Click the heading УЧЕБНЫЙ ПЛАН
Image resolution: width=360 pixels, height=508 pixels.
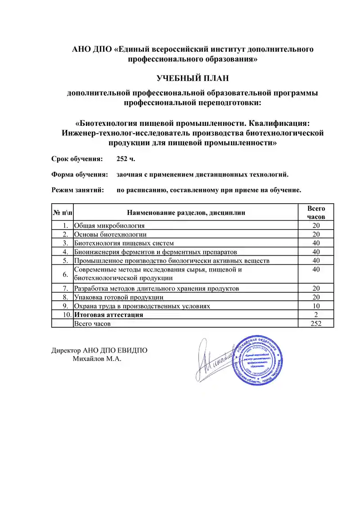[193, 79]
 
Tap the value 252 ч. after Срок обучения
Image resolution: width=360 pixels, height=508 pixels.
[126, 159]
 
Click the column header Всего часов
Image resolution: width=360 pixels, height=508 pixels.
[316, 212]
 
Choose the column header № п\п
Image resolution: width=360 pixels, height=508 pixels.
[63, 212]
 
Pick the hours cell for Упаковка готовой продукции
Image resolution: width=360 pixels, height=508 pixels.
[316, 297]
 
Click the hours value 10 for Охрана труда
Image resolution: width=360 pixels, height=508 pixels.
[316, 306]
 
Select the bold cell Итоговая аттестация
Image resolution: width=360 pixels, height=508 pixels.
[109, 315]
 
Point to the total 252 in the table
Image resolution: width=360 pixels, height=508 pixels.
[316, 323]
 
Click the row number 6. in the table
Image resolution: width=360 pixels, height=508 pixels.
[66, 274]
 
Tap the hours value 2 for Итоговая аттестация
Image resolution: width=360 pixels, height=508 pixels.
[316, 315]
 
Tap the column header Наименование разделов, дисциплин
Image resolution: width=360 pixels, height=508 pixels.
[186, 212]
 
